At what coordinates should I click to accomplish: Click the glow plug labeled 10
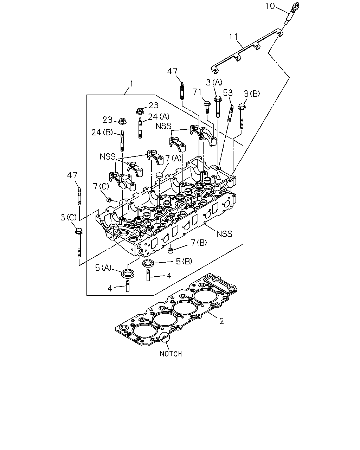pyautogui.click(x=292, y=13)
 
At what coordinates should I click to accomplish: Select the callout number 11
pyautogui.click(x=233, y=37)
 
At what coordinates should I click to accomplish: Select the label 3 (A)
pyautogui.click(x=214, y=82)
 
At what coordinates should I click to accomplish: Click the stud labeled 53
pyautogui.click(x=230, y=114)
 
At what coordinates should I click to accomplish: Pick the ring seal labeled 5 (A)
pyautogui.click(x=128, y=274)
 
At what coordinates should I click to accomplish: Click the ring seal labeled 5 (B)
pyautogui.click(x=148, y=263)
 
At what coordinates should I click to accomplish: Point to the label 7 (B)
pyautogui.click(x=199, y=243)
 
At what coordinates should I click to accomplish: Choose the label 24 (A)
pyautogui.click(x=159, y=116)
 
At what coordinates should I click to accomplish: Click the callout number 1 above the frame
pyautogui.click(x=131, y=84)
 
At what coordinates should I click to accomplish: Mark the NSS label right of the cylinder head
pyautogui.click(x=224, y=234)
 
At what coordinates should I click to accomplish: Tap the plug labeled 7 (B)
pyautogui.click(x=171, y=250)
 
